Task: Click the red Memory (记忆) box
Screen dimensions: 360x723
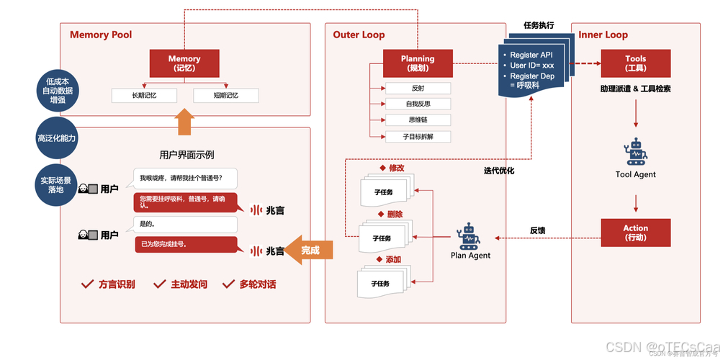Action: point(184,63)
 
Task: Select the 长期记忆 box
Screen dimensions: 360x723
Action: point(144,96)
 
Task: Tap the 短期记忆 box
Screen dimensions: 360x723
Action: point(225,96)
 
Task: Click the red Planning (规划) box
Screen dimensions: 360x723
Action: point(418,63)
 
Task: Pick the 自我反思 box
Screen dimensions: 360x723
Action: point(418,104)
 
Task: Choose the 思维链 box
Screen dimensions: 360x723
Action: point(418,120)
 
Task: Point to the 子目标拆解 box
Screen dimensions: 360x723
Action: point(418,136)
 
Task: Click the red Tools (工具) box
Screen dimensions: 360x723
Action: point(635,63)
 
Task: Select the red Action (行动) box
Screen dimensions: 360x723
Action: point(635,233)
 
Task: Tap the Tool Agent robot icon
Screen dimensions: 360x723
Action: point(636,152)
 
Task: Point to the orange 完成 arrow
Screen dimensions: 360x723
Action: point(309,250)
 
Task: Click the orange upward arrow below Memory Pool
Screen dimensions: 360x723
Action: point(184,122)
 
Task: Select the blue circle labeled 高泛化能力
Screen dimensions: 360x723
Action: point(57,138)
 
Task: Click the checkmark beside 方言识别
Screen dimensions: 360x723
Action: point(88,284)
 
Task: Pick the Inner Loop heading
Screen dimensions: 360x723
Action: point(603,35)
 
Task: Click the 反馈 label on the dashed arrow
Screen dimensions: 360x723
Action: point(537,230)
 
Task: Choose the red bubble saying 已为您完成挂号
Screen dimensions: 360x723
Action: point(186,244)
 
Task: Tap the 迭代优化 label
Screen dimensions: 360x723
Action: point(498,171)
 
